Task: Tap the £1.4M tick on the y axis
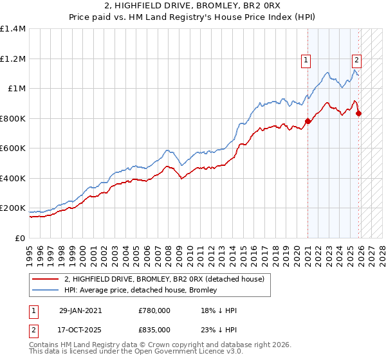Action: (13, 29)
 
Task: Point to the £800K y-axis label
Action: (13, 118)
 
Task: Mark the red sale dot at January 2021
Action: (308, 121)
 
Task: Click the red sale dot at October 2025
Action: (358, 113)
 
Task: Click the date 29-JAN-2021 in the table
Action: (80, 310)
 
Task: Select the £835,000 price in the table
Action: (154, 329)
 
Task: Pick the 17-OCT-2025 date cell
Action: (80, 329)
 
